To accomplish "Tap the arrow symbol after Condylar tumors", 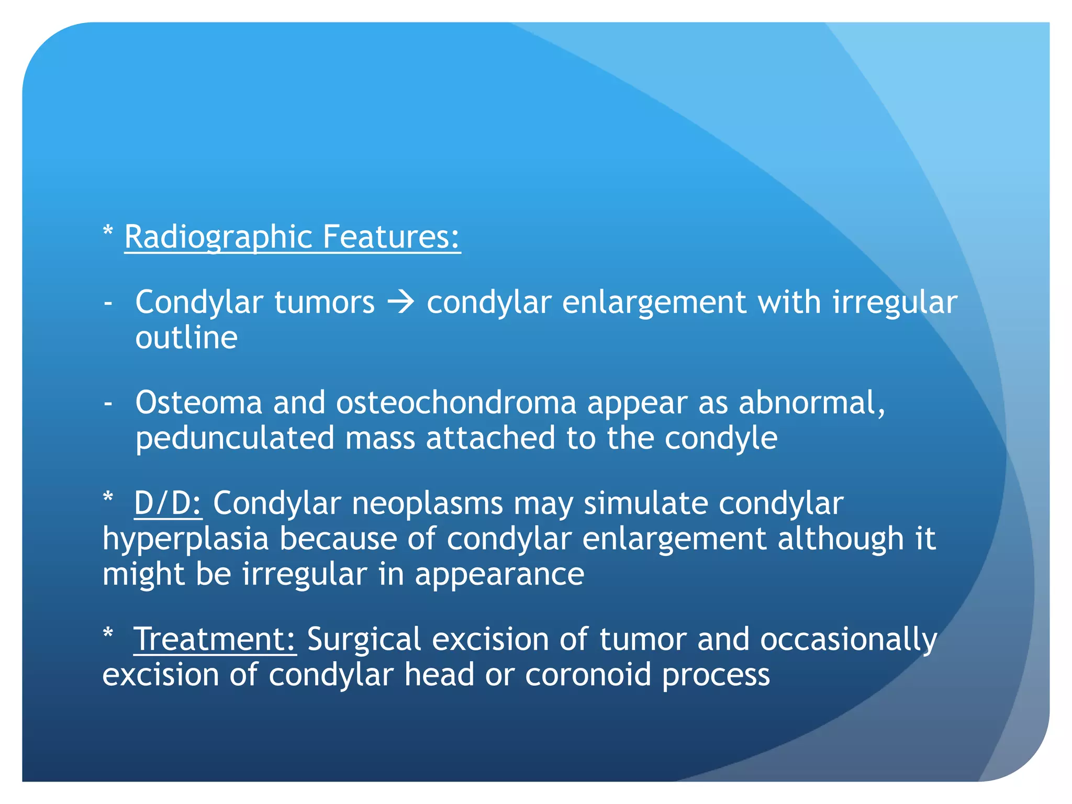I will [401, 303].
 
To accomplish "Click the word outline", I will [186, 338].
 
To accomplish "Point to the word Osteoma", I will [198, 403].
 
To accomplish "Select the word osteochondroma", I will [455, 403].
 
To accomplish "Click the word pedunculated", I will [234, 439].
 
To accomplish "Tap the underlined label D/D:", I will [167, 504].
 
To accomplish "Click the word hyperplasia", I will [185, 539].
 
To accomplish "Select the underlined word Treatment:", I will [215, 640].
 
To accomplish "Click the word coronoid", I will [588, 675].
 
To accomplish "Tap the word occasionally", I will [848, 640].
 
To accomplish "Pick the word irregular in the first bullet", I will [895, 303].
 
